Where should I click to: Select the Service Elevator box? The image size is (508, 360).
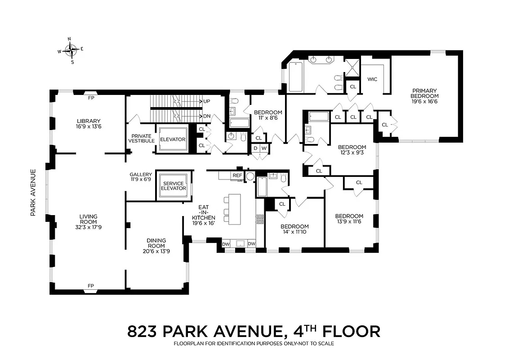pos(174,186)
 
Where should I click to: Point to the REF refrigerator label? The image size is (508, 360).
pos(237,175)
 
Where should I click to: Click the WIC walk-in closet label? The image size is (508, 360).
pos(372,79)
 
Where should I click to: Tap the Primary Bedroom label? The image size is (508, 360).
pos(424,96)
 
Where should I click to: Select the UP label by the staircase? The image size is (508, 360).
pos(206,101)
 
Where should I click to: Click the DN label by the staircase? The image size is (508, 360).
pos(206,116)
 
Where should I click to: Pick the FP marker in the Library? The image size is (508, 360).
pos(91,98)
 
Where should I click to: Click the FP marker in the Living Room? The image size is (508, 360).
pos(91,285)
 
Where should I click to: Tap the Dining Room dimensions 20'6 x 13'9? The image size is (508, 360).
pos(156,251)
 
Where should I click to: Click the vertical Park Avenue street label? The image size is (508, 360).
pos(33,192)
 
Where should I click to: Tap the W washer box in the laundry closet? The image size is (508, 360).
pos(264,148)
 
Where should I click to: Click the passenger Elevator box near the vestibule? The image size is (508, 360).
pos(173,139)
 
